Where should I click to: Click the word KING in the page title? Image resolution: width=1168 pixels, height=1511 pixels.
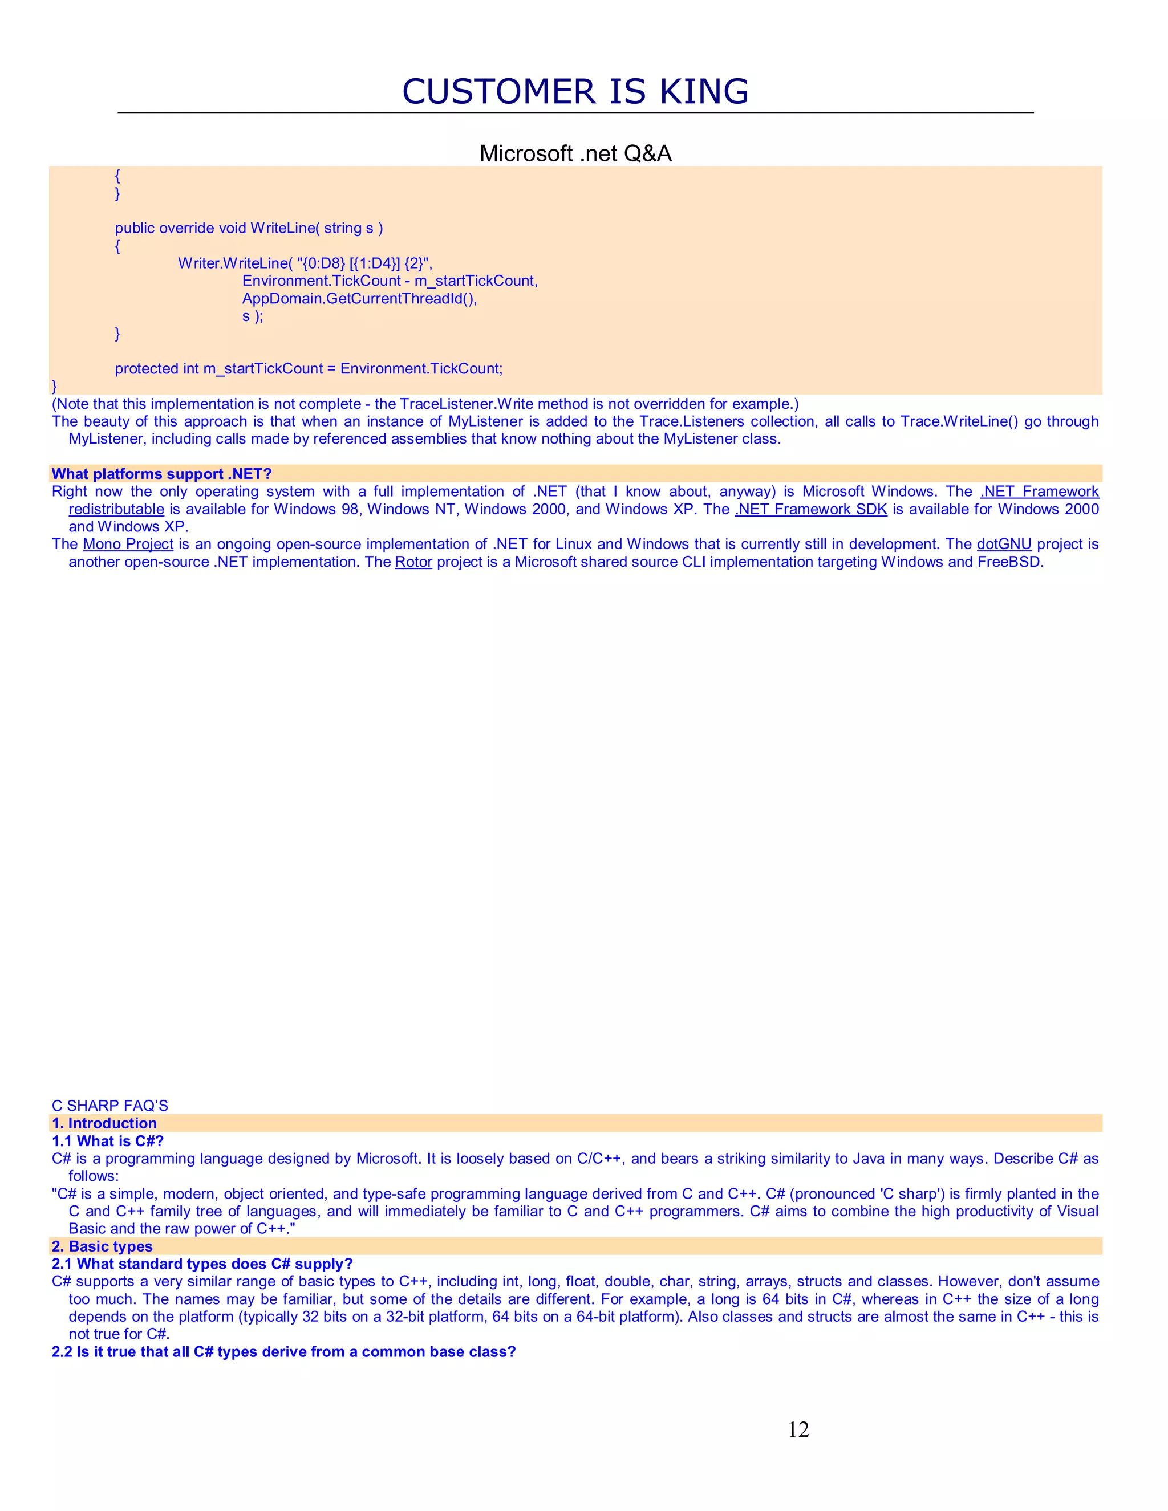704,91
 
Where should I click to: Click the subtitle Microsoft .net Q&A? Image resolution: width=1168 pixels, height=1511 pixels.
575,153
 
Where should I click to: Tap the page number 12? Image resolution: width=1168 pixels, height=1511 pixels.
798,1429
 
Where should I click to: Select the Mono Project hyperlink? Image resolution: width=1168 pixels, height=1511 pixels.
128,544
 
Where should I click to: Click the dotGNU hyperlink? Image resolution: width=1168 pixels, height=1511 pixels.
1003,544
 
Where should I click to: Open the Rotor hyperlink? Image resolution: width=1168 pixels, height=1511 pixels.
413,562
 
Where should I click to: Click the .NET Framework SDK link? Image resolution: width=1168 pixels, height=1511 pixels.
811,509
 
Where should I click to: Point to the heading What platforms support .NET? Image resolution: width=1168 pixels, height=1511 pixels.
162,474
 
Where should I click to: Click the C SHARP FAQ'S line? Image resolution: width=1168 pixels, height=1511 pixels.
110,1106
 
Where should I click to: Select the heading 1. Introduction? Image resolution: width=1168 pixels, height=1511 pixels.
104,1123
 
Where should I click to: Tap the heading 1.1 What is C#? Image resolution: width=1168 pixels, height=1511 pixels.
108,1141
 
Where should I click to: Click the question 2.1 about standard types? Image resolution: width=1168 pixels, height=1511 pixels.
202,1264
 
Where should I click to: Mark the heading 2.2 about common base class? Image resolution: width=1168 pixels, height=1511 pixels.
283,1352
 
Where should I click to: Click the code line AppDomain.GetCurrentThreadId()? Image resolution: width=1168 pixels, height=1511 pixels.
359,298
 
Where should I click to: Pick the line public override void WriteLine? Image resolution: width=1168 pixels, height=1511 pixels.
249,228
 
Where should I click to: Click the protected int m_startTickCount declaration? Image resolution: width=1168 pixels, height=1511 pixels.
309,369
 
